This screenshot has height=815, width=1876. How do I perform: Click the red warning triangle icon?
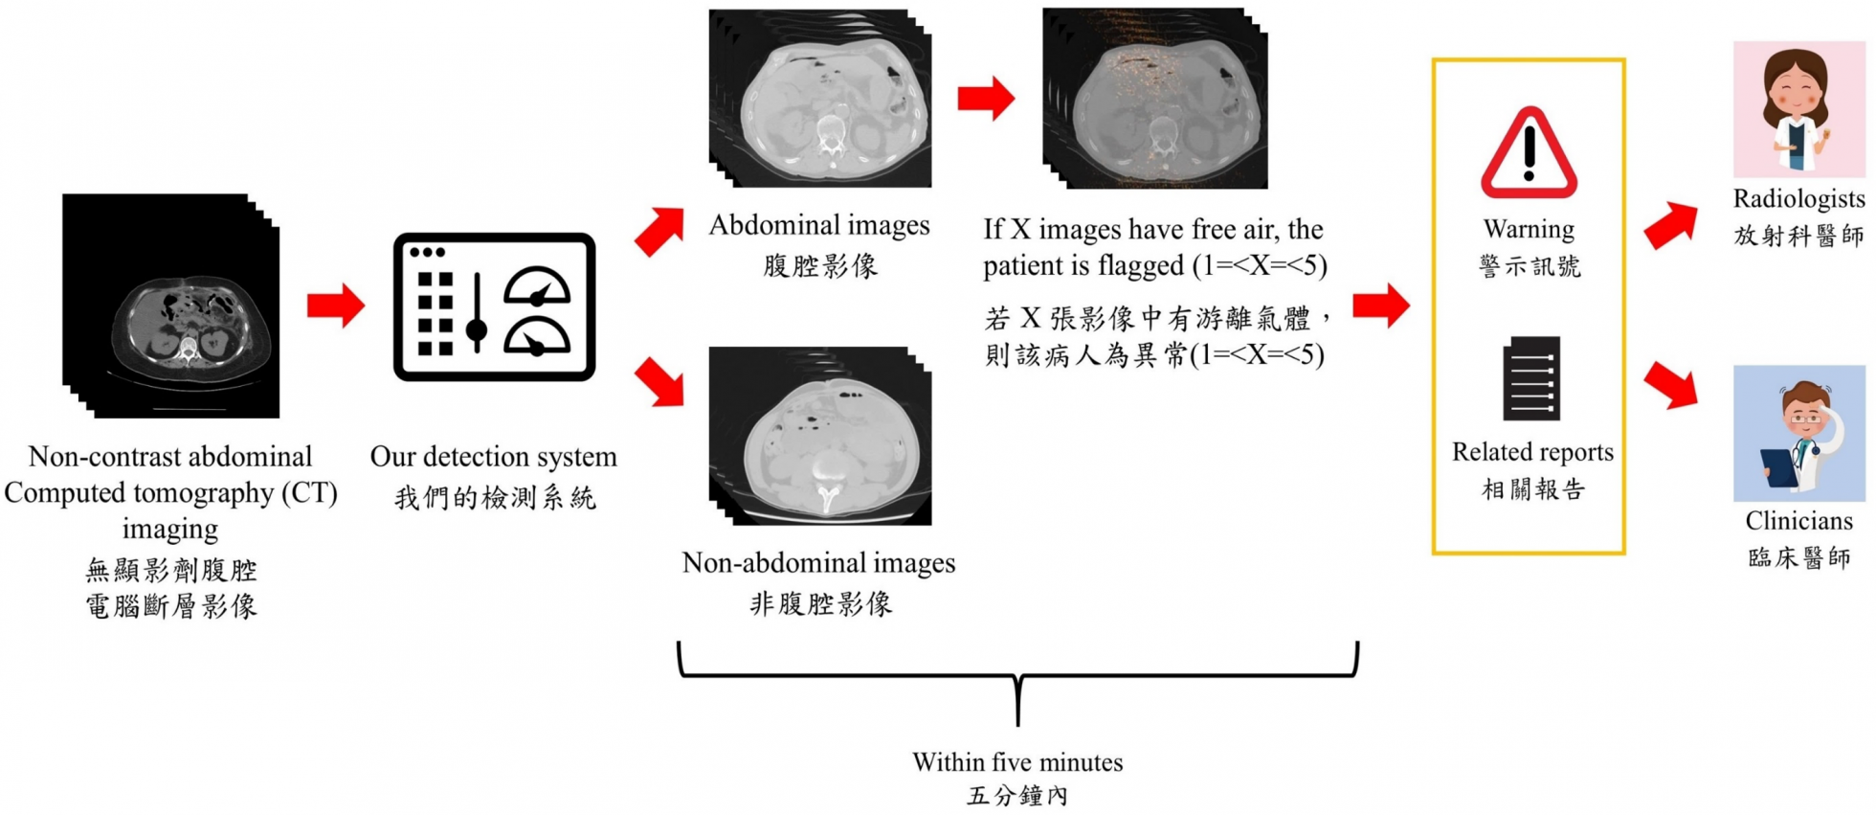click(x=1529, y=154)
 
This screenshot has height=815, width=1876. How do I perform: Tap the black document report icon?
click(x=1531, y=378)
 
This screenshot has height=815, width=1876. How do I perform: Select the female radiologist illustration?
click(x=1798, y=109)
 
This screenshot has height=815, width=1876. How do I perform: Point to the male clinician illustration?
click(x=1798, y=433)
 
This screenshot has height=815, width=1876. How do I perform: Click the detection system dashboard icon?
click(x=494, y=306)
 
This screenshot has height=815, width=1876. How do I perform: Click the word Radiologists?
click(x=1798, y=199)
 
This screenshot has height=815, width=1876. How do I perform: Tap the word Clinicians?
click(x=1798, y=521)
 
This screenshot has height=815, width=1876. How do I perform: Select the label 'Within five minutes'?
click(x=1017, y=762)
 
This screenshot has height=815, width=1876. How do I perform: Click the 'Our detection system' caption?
click(x=493, y=457)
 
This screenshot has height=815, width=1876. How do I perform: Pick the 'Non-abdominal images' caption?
click(x=818, y=563)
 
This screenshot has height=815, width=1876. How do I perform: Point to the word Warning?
click(x=1529, y=230)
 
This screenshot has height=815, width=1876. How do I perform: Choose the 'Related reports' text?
click(x=1532, y=452)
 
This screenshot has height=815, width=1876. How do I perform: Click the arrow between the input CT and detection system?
click(x=335, y=306)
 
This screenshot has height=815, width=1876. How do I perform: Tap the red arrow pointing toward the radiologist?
click(x=1669, y=226)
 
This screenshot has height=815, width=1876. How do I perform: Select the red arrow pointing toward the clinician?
click(x=1670, y=385)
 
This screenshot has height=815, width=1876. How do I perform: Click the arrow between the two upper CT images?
click(x=986, y=98)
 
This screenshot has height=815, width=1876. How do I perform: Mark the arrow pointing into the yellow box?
click(x=1380, y=306)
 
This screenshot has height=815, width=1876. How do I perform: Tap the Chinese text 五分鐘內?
click(x=1017, y=796)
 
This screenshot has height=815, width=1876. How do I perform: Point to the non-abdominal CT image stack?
click(x=820, y=436)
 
